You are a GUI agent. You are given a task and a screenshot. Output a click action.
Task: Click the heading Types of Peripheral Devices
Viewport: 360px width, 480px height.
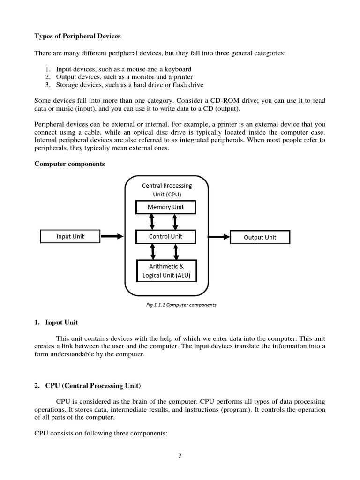click(x=77, y=37)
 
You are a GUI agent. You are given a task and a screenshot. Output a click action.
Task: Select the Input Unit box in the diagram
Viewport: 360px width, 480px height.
click(x=70, y=236)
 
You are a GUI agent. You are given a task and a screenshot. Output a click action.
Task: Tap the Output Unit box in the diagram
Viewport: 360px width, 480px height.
click(x=260, y=237)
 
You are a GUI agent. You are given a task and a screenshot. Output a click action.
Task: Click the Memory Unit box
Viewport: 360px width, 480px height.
click(x=166, y=207)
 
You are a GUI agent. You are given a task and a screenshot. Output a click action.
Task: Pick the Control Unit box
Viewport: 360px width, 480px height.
click(x=165, y=236)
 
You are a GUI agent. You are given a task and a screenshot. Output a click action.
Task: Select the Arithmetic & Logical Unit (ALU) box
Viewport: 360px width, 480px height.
click(x=166, y=270)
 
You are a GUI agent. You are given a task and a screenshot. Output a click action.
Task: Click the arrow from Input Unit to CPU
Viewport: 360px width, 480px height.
click(x=112, y=237)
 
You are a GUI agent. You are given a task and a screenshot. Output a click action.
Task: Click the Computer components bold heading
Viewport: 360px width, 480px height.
click(x=70, y=164)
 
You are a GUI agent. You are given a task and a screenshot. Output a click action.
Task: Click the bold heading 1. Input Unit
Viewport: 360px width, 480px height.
click(x=57, y=322)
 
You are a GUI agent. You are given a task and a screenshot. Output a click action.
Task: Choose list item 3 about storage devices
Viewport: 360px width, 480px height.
click(x=129, y=85)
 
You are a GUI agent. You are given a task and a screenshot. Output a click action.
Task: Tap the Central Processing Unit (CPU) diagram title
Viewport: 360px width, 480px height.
click(x=167, y=190)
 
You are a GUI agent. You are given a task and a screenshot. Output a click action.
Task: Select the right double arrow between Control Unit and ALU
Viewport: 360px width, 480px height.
click(x=176, y=252)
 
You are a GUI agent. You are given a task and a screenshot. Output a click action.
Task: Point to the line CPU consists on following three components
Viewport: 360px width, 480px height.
click(x=101, y=434)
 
